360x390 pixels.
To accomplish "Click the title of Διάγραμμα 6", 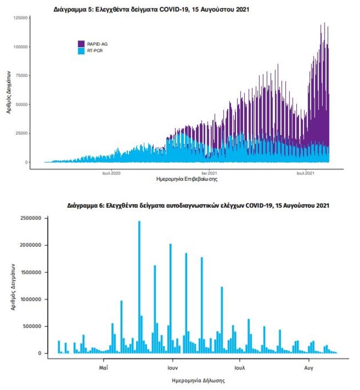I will tap(198, 206).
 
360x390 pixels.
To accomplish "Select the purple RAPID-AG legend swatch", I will tap(81, 43).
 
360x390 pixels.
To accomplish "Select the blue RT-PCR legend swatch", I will tap(81, 50).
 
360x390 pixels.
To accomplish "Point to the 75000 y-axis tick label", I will tap(23, 76).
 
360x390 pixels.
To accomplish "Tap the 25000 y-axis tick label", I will tap(23, 134).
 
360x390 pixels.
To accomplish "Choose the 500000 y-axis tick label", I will tap(32, 326).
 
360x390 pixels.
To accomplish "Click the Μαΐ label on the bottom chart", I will tap(104, 367).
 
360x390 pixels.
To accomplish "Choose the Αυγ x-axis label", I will tap(309, 367).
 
